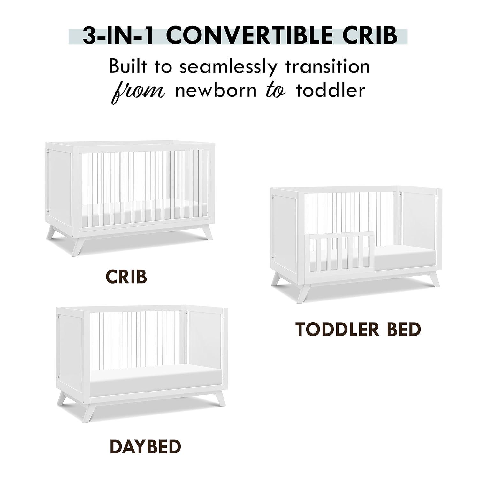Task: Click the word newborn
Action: (216, 91)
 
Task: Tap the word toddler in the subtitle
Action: (331, 91)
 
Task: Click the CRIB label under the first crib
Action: (126, 277)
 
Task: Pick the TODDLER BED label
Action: (358, 330)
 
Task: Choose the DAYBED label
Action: (145, 446)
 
